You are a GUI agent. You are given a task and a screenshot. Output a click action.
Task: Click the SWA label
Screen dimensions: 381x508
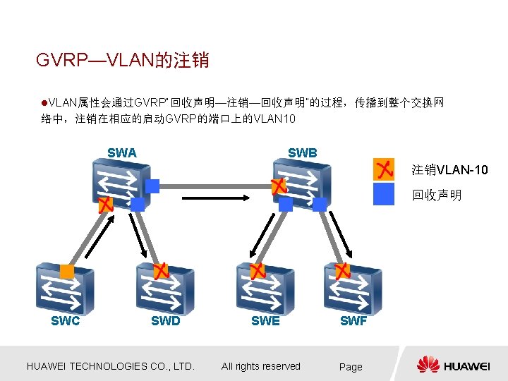click(x=122, y=152)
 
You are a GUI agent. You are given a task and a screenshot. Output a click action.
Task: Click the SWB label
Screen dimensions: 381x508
click(x=302, y=152)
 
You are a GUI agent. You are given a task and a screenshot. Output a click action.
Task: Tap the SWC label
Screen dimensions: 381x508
click(x=65, y=321)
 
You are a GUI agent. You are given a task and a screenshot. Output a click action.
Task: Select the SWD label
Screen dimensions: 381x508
click(x=166, y=321)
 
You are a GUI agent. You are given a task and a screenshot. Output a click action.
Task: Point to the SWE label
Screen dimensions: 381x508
click(x=265, y=321)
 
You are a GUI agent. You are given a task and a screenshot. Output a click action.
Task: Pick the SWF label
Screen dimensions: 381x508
click(x=353, y=321)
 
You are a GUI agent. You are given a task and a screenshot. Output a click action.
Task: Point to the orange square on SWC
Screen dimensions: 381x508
click(x=66, y=272)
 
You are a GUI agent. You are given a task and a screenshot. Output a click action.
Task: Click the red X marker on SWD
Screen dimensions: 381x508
click(x=161, y=272)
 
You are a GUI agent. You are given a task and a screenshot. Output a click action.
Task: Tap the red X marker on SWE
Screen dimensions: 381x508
click(x=258, y=272)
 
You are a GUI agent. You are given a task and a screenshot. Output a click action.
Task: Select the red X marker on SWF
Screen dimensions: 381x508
click(x=342, y=272)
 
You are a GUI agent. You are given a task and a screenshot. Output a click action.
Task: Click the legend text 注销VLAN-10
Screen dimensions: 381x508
click(x=449, y=170)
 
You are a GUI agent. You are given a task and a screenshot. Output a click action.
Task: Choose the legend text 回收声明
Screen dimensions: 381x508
click(x=437, y=195)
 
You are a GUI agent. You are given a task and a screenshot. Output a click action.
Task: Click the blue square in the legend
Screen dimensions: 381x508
click(x=384, y=194)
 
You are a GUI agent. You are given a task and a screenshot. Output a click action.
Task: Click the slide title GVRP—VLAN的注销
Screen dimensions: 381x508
click(x=123, y=60)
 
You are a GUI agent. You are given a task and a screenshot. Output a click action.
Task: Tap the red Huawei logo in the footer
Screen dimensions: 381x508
click(x=428, y=365)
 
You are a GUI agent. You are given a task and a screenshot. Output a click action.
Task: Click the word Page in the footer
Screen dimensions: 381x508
click(x=351, y=367)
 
